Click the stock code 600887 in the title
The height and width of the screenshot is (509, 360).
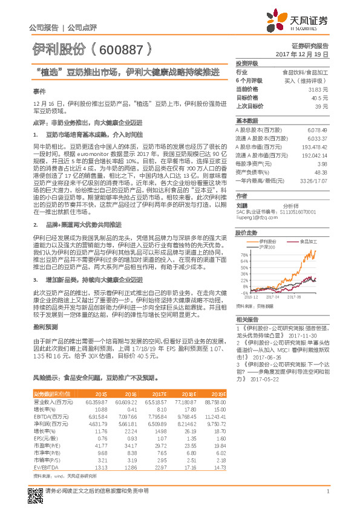pos(121,48)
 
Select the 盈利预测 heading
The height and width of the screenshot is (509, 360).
pos(42,326)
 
